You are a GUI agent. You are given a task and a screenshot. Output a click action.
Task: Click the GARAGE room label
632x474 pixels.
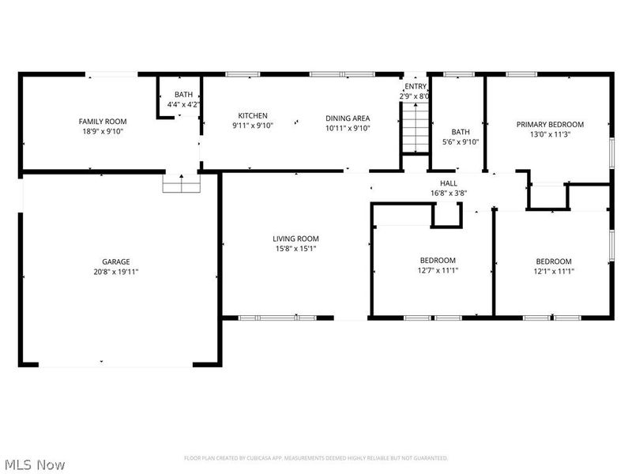tap(115, 261)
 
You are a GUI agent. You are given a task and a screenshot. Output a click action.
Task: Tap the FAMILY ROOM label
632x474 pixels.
tap(103, 122)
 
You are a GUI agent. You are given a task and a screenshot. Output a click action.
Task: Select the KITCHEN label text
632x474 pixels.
tap(253, 115)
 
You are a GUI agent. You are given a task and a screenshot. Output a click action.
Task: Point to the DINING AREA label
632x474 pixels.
tap(348, 118)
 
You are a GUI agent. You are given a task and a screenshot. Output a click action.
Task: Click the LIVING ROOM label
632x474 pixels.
tap(295, 239)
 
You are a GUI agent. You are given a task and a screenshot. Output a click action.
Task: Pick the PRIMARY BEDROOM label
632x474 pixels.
tap(550, 125)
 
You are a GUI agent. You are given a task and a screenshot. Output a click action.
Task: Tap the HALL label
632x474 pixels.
tap(449, 183)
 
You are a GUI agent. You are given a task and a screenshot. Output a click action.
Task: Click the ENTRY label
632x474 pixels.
tap(416, 86)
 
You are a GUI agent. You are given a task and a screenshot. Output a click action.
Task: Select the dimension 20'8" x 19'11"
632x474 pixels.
tap(116, 272)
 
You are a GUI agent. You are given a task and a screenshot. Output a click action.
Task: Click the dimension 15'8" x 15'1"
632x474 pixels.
tap(295, 249)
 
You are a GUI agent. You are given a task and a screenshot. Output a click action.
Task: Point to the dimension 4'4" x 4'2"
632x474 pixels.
tap(184, 104)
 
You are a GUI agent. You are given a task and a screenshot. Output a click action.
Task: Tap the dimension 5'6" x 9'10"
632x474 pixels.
tap(461, 142)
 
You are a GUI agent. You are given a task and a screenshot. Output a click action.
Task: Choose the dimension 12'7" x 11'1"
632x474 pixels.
tap(438, 270)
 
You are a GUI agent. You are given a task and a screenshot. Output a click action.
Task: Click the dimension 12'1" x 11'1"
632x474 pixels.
tap(555, 271)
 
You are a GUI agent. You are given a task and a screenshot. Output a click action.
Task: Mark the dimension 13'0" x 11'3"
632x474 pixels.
tap(550, 134)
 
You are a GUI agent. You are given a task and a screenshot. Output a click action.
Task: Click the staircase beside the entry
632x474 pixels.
tap(416, 128)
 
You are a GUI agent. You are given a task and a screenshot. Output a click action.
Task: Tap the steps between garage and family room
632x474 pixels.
tap(182, 183)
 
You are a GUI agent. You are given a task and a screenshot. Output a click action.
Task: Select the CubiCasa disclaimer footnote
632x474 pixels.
tap(316, 458)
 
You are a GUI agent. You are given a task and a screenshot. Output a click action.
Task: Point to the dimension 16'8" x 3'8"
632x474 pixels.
tap(449, 193)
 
